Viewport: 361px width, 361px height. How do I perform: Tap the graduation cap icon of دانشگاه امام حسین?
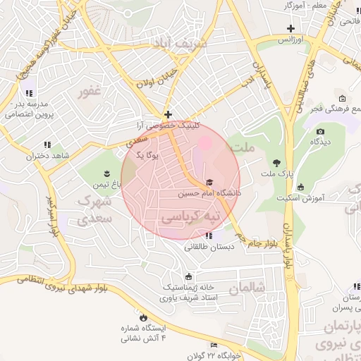click(209, 182)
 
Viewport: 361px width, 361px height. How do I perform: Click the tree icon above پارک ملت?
click(276, 163)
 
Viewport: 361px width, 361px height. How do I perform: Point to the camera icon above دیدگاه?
click(320, 131)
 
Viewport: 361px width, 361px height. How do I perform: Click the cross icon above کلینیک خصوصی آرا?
click(168, 114)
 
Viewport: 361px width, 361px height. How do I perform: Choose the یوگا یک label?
click(149, 154)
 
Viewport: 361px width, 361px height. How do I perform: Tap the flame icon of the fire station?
click(144, 317)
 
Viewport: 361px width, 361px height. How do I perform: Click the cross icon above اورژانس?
click(290, 29)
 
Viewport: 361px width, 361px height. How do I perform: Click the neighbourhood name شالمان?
click(250, 287)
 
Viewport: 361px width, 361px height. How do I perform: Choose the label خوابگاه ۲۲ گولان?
click(215, 355)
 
